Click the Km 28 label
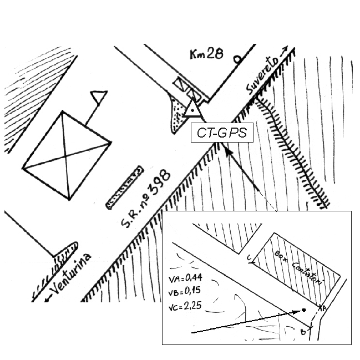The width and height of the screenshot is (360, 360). [x=207, y=54]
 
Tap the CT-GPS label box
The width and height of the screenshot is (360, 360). [x=222, y=133]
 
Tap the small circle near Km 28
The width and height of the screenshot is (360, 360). [x=237, y=60]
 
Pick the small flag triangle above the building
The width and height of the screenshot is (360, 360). [x=99, y=97]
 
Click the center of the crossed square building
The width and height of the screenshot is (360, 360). [x=66, y=156]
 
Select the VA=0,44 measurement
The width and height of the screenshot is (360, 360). [x=185, y=278]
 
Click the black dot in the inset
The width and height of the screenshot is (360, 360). [x=304, y=310]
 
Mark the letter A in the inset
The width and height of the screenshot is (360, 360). [x=324, y=308]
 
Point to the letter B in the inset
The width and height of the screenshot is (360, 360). [x=303, y=332]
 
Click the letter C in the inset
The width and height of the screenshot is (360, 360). [x=249, y=257]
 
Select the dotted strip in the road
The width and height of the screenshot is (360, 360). [x=125, y=187]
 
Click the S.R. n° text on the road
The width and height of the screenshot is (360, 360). [x=135, y=212]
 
